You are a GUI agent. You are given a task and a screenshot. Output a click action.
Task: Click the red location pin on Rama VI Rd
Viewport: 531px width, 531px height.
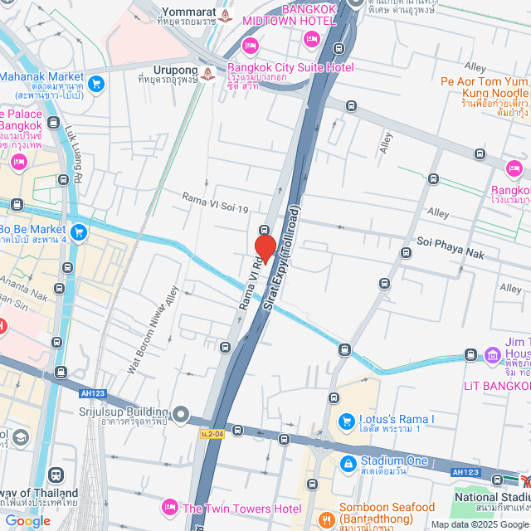coord(265,248)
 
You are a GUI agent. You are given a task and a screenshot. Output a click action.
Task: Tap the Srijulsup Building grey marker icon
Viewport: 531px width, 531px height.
coord(182,413)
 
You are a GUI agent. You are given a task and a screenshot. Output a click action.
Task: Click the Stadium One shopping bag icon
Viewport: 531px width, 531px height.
coord(345,461)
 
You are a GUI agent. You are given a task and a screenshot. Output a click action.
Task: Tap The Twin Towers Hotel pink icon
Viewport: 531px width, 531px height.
coord(169,507)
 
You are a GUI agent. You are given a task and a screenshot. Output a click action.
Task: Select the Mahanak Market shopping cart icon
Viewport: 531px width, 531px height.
coord(96,83)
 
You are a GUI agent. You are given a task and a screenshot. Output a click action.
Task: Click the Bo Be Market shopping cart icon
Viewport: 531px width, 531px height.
coord(79,231)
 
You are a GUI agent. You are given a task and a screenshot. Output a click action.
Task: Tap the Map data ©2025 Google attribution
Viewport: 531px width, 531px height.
coord(479,524)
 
